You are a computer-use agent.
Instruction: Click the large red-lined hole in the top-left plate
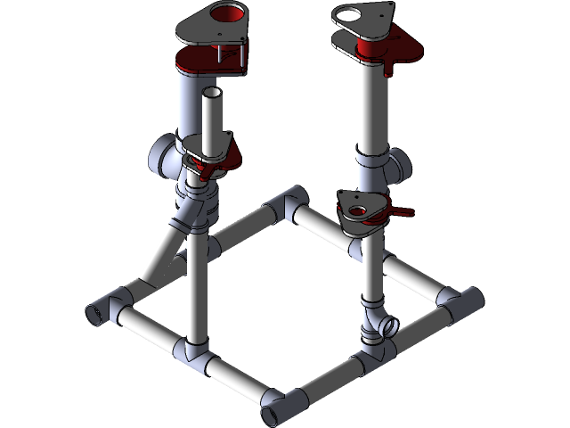[x=229, y=13]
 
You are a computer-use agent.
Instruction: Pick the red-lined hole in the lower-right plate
[x=360, y=212]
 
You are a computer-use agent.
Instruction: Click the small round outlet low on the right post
[x=388, y=326]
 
